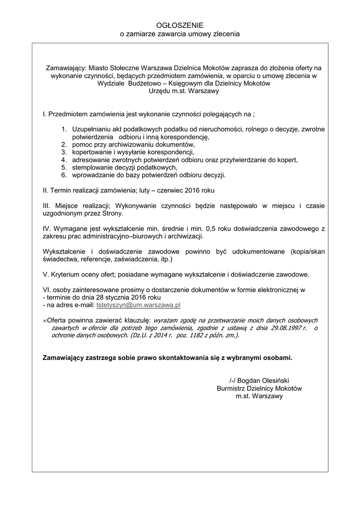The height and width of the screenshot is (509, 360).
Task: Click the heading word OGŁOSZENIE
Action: [180, 25]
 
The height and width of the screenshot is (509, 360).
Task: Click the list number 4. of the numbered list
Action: [64, 160]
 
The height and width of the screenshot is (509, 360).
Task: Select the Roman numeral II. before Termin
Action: [46, 190]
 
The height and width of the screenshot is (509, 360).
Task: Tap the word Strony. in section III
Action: [112, 213]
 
